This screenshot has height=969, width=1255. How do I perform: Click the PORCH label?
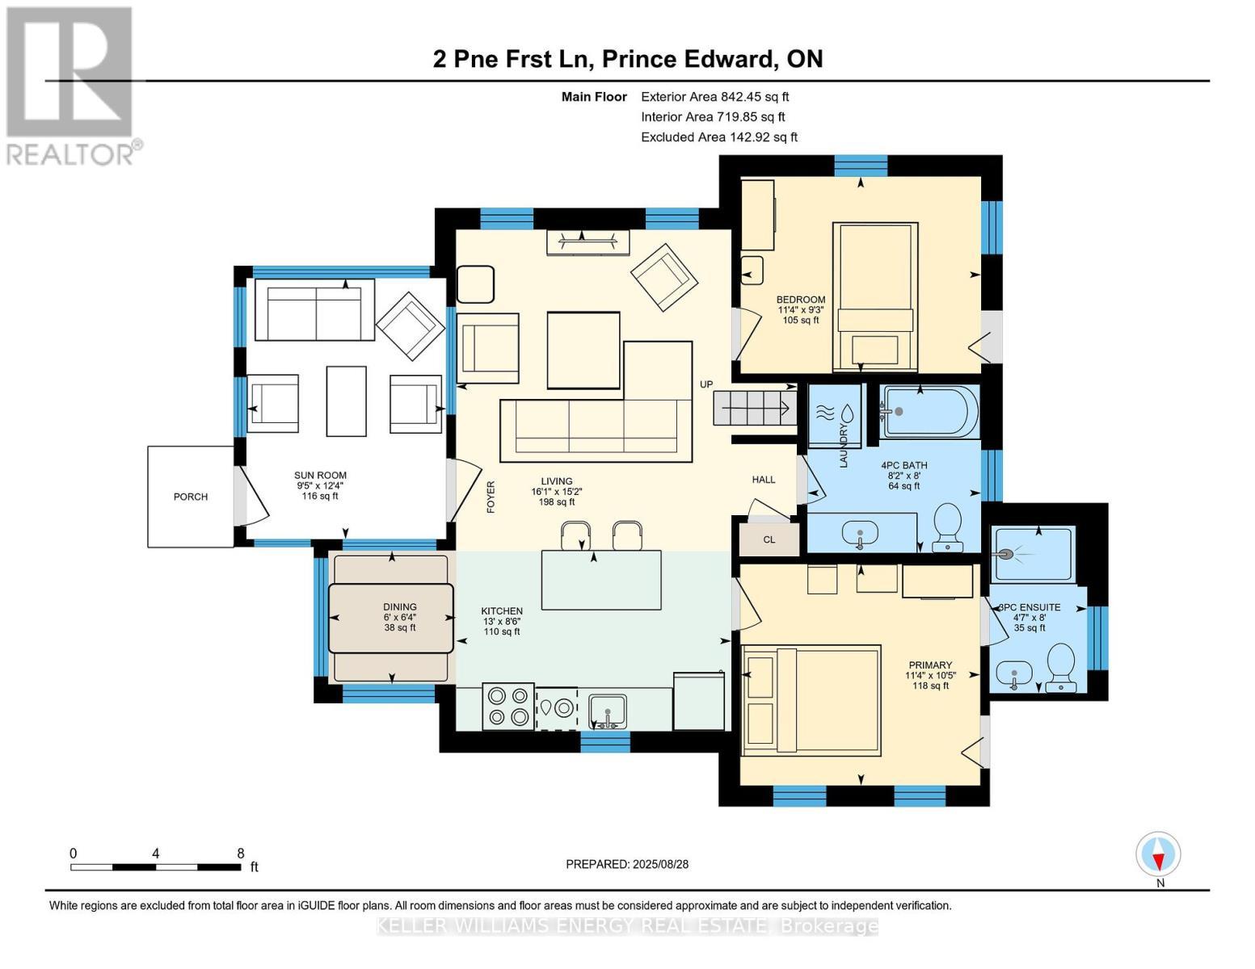coord(191,497)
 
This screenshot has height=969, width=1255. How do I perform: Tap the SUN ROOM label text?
coord(320,476)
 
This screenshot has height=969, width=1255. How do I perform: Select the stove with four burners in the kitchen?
coord(508,707)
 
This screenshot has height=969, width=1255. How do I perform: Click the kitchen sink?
coord(607,712)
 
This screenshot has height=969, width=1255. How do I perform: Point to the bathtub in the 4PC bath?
coord(929,412)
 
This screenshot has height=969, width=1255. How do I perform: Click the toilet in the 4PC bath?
coord(947,527)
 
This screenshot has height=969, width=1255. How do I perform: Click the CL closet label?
coord(769,540)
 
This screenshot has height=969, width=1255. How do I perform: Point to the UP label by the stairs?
coord(706,384)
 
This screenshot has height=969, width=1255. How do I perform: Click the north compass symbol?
coord(1158,854)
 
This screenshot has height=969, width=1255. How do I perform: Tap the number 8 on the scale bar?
coord(241,853)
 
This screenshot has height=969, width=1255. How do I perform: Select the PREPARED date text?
coord(627,864)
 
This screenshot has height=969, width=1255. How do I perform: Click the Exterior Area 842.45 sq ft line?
coord(715,97)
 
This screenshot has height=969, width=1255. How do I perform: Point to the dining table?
coord(391,619)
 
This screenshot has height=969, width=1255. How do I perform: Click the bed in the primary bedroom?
coord(811,701)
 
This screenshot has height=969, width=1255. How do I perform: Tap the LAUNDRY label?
coord(844,446)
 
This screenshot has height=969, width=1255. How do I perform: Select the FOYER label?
coord(491,497)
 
